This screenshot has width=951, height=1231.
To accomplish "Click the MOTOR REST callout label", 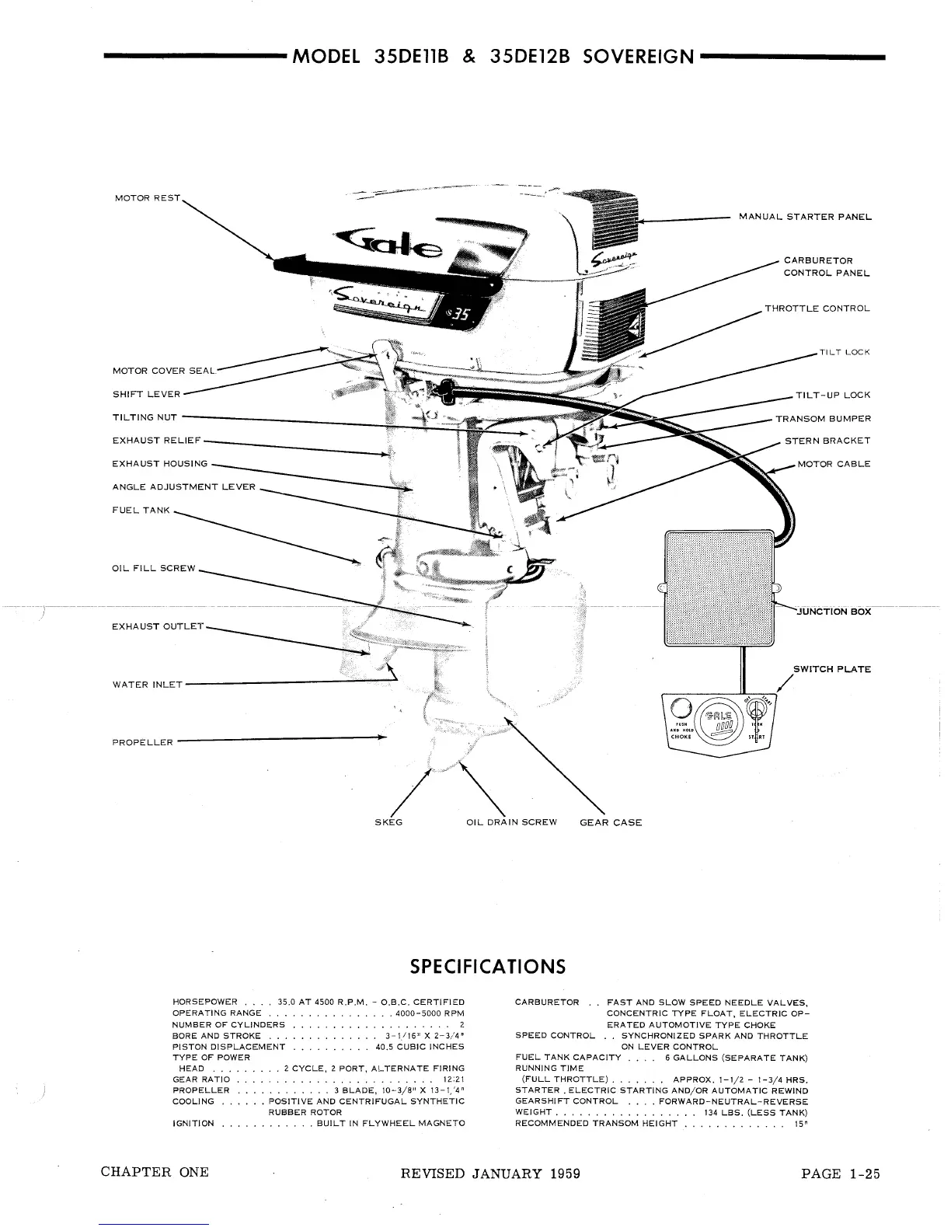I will click(147, 198).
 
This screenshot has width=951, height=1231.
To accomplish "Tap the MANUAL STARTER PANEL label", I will click(805, 217).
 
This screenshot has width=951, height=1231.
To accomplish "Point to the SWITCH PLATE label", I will click(831, 669).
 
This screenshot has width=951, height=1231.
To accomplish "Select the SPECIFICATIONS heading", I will click(487, 967).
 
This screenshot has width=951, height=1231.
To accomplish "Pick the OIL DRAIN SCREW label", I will click(511, 822).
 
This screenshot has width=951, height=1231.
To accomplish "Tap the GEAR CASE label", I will click(611, 822).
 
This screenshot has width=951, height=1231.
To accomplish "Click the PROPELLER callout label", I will click(143, 742).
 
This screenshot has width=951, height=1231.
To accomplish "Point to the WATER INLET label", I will click(148, 685).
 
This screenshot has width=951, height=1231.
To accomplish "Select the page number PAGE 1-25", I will click(840, 1173).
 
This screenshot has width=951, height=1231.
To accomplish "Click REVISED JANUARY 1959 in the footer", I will click(490, 1173).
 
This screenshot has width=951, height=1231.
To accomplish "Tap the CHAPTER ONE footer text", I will click(155, 1172).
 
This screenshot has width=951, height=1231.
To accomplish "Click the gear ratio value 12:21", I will click(453, 1079).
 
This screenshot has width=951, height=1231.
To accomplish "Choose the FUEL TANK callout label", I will click(141, 511).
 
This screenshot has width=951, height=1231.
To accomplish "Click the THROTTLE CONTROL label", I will click(817, 309).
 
